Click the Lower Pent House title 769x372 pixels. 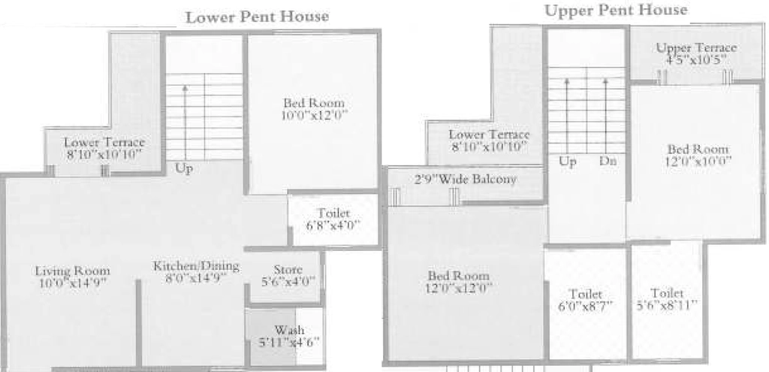(x=258, y=17)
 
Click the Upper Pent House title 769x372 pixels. (x=616, y=11)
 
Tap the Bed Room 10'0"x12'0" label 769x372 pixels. (x=314, y=109)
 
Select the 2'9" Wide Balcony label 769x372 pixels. (x=466, y=179)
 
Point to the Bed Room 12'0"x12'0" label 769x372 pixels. (x=459, y=282)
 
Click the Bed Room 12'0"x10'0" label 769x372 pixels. (x=698, y=155)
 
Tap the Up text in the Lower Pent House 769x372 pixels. (x=183, y=168)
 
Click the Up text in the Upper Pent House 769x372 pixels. (x=568, y=162)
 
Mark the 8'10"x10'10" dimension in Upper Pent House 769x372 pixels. (x=490, y=147)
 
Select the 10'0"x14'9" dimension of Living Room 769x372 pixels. (x=73, y=283)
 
